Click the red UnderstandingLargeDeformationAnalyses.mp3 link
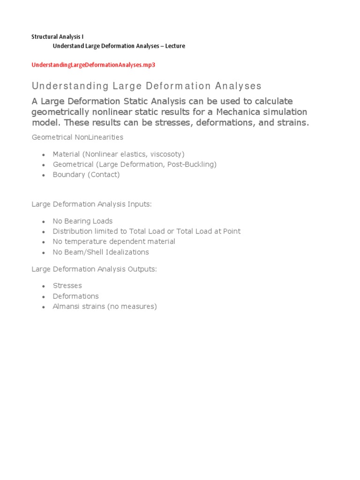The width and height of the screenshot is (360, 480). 93,65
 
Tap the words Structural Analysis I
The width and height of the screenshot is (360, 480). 57,36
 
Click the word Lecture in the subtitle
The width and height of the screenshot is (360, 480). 175,46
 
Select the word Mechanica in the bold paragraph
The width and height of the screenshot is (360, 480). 239,112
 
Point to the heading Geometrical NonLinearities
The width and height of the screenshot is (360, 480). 77,137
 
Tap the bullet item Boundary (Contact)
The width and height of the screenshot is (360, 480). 86,175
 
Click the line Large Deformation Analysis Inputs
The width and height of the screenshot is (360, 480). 92,204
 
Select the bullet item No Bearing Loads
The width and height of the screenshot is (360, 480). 82,221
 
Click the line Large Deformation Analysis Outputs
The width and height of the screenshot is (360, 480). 94,269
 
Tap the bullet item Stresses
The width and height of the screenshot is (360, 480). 67,285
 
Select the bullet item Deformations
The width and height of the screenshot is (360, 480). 75,296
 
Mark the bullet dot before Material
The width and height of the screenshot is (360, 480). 43,155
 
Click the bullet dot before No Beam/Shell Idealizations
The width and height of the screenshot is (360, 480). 43,253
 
